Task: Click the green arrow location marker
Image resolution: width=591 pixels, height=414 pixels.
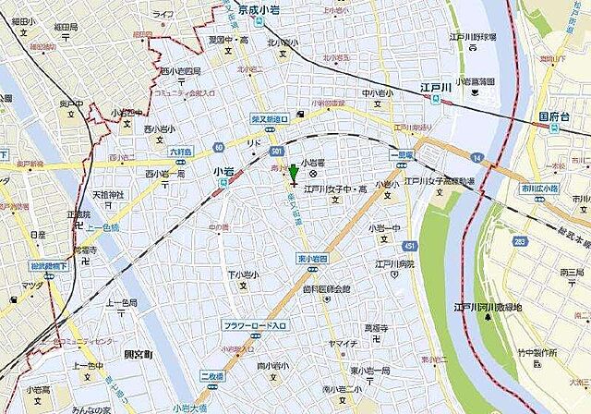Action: point(294,174)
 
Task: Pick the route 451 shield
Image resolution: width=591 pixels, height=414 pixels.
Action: point(410,246)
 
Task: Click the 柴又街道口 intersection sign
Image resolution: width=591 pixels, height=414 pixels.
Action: point(270,118)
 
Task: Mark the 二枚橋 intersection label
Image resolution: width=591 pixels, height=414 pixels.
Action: point(213,377)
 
